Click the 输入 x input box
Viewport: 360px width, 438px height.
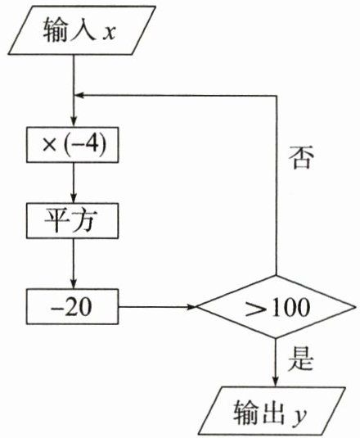pos(82,30)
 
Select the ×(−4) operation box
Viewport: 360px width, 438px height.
pos(73,145)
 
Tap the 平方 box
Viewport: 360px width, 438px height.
pos(73,221)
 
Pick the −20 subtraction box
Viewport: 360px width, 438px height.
pos(73,307)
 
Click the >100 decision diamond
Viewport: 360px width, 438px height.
pos(276,307)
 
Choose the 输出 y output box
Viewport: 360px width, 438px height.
pos(272,411)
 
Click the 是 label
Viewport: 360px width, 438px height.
pos(300,359)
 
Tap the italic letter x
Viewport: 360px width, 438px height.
pos(109,33)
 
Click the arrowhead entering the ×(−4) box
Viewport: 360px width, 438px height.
pos(74,122)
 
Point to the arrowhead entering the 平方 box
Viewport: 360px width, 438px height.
pos(74,198)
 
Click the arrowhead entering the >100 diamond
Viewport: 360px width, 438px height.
pos(191,307)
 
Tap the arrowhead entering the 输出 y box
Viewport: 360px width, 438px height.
pos(276,382)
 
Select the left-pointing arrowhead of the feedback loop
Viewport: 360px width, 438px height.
pos(79,96)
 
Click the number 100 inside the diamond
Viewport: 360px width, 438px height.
pos(290,307)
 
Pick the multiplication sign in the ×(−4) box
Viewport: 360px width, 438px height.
pos(49,145)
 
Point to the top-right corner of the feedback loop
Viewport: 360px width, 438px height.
pos(277,96)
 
